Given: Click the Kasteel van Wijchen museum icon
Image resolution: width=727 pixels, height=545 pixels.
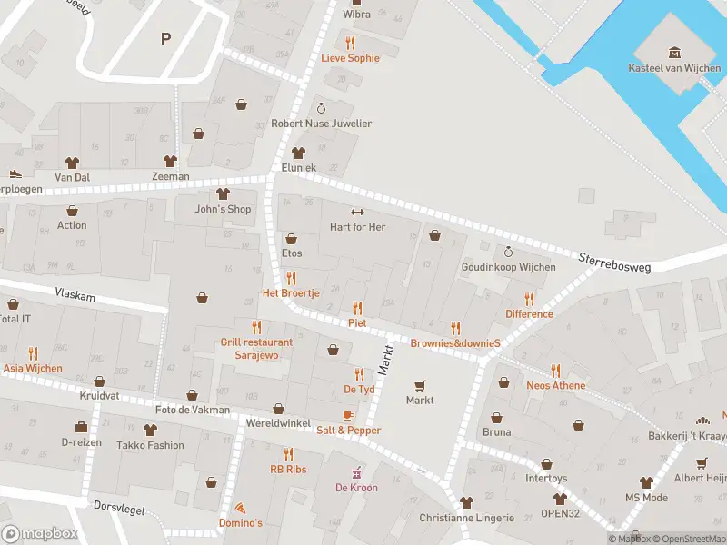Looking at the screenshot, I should (674, 52).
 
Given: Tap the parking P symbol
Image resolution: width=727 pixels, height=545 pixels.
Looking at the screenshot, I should (165, 38).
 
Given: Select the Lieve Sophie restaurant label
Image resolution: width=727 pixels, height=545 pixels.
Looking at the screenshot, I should (350, 58).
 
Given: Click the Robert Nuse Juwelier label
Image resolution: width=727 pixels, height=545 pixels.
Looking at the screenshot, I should (322, 124).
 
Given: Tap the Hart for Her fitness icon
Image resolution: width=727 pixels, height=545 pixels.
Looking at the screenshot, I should (357, 212).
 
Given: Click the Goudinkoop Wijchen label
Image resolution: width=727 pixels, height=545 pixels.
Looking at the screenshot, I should (508, 267).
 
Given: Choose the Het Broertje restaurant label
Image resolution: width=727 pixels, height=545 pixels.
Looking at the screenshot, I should (291, 293).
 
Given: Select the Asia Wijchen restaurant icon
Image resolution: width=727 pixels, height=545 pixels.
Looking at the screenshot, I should (33, 353).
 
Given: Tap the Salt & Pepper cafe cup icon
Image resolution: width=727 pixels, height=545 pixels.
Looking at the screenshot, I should (348, 415).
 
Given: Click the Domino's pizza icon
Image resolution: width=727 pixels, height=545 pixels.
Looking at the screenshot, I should (240, 508).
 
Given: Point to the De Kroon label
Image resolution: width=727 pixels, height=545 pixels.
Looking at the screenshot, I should (356, 488).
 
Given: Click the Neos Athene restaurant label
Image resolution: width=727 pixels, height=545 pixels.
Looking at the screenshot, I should (555, 385).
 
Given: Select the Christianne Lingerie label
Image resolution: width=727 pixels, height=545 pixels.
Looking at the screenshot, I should (466, 518).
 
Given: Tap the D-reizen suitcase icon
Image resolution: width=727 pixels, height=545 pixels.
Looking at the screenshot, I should (81, 427).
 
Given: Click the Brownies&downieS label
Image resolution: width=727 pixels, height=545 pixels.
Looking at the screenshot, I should (455, 343).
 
